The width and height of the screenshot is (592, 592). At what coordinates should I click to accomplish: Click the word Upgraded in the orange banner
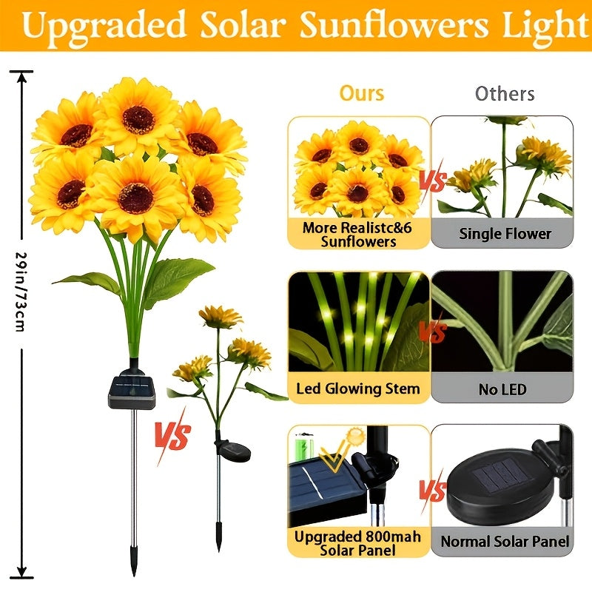[104, 26]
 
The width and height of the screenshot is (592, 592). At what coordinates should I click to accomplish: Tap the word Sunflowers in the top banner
[394, 25]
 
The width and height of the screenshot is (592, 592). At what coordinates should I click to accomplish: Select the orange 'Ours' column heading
[362, 93]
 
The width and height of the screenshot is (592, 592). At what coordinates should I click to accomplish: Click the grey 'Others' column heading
[505, 94]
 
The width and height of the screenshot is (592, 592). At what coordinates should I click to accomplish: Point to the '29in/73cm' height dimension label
[20, 291]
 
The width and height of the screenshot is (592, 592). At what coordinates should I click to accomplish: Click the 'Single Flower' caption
[505, 234]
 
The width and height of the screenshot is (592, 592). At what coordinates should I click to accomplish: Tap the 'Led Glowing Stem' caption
[358, 388]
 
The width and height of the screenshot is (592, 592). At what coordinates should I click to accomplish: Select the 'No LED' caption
[502, 389]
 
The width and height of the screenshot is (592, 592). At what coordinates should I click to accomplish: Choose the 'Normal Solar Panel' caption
[505, 542]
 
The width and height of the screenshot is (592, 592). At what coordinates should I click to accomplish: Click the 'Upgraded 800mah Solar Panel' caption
[357, 543]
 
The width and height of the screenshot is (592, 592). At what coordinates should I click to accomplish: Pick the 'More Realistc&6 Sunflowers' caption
[357, 235]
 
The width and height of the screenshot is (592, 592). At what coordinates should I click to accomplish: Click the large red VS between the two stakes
[173, 435]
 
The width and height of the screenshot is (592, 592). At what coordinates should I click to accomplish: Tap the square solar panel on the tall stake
[132, 392]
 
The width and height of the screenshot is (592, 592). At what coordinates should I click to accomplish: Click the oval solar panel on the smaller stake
[234, 452]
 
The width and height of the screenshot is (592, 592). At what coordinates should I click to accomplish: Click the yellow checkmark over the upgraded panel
[334, 455]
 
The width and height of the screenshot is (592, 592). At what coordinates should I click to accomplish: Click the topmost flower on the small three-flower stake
[220, 317]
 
